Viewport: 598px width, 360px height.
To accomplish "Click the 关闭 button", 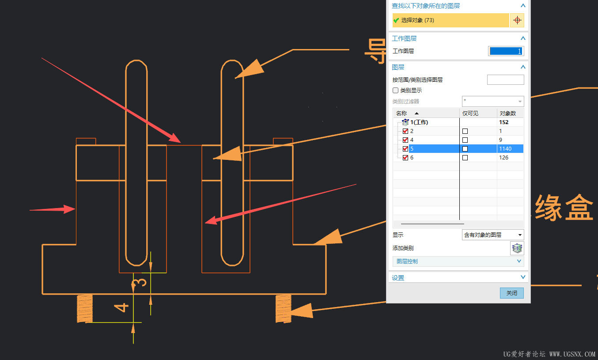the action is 511,293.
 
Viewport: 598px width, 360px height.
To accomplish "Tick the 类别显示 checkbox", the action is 395,90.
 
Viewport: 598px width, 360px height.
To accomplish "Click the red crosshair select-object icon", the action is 517,20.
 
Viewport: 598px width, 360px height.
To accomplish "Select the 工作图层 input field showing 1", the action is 506,51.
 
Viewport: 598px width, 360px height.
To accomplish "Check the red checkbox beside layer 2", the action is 405,131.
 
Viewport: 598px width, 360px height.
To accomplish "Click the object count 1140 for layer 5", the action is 505,149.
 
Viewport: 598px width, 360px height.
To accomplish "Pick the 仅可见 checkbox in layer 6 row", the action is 465,158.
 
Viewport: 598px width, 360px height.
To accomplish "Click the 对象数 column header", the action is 508,113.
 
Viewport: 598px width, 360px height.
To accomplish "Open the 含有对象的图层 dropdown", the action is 493,235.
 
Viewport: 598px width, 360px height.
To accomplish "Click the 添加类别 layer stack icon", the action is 517,248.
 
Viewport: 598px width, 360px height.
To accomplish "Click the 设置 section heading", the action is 398,278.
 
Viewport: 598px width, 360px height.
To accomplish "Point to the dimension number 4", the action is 121,307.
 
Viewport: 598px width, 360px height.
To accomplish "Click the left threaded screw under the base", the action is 85,308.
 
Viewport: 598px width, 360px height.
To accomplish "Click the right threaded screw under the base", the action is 283,308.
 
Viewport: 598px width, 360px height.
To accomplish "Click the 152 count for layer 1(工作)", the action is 504,122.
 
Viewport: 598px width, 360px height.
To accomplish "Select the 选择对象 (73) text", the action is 417,20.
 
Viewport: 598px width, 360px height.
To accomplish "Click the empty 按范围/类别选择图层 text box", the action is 505,80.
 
